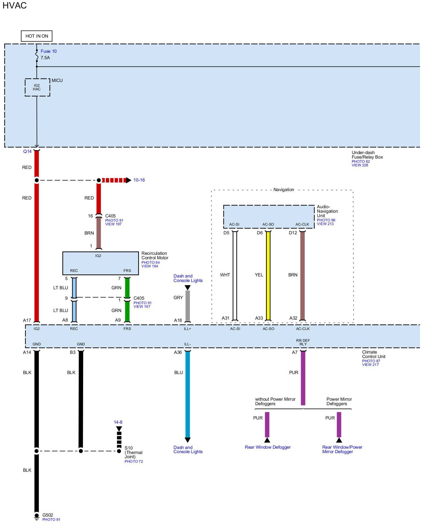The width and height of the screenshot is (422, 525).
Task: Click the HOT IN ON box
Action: click(37, 36)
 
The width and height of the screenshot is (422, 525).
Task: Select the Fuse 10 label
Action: click(48, 51)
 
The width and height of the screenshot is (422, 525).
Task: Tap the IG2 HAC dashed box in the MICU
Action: click(37, 87)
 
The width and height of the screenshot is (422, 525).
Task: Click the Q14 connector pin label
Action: click(27, 152)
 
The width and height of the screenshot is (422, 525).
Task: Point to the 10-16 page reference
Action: click(139, 180)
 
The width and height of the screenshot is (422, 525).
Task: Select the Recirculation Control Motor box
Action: click(101, 263)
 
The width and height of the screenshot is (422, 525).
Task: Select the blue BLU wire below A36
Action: click(188, 393)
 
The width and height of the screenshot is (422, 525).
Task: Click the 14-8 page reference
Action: click(118, 422)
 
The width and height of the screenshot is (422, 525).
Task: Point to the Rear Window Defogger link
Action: click(268, 447)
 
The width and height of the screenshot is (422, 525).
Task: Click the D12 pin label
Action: click(293, 233)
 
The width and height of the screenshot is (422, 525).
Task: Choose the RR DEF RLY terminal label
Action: click(303, 342)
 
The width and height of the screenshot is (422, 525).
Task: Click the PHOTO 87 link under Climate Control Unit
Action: click(371, 361)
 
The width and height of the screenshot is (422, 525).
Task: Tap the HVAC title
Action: click(15, 6)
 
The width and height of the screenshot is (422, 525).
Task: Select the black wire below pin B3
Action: click(81, 398)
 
